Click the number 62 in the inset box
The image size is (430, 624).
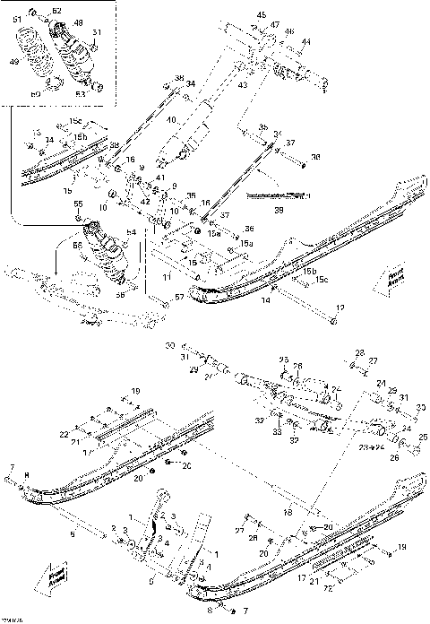pos(57,11)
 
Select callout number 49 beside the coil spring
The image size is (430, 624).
pos(13,63)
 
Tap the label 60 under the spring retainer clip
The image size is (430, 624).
pos(36,92)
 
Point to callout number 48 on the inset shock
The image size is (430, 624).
pos(78,23)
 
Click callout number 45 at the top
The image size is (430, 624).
pos(262,15)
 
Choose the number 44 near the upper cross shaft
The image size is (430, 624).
pos(305,42)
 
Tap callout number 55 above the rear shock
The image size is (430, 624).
pos(77,205)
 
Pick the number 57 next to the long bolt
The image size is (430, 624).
pos(178,297)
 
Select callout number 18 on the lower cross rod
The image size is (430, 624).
pos(288,512)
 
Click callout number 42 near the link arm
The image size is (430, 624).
pos(145,201)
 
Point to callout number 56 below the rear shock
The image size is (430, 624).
pos(121,293)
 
